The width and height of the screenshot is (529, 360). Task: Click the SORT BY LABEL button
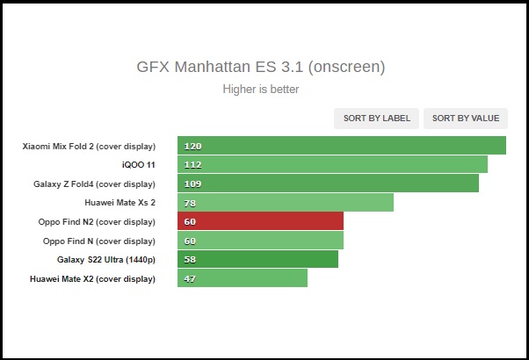tap(376, 119)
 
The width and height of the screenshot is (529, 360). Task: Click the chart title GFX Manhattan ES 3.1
tap(260, 67)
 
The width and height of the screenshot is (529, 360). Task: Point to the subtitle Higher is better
tap(260, 89)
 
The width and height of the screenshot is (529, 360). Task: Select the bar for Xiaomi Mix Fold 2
tap(341, 146)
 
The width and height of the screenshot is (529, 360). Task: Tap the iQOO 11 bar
tap(332, 164)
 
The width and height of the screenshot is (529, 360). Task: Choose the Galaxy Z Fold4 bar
tap(328, 184)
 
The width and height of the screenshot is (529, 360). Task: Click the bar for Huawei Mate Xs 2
tap(285, 203)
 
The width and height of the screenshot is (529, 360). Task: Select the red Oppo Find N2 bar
tap(260, 221)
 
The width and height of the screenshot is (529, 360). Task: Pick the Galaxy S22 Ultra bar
tap(257, 259)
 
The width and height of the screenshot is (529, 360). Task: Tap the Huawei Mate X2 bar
tap(243, 278)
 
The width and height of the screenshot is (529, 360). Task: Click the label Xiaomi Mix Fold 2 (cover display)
tap(89, 146)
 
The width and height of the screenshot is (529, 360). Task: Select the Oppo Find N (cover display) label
tap(99, 241)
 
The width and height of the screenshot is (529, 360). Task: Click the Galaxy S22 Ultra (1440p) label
tap(106, 259)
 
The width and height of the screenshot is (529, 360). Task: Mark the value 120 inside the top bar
tap(193, 146)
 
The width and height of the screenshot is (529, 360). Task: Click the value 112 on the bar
tap(193, 164)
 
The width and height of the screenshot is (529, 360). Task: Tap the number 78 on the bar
tap(191, 203)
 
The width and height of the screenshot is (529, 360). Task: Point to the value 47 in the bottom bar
tap(191, 278)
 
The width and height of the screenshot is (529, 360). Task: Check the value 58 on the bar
tap(191, 259)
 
